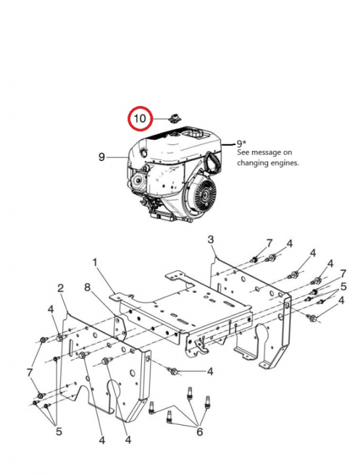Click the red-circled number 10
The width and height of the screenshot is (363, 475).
(139, 119)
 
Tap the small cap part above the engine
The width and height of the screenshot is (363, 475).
(175, 117)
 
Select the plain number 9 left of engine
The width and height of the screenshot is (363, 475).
(102, 157)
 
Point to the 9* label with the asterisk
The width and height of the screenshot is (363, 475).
(242, 142)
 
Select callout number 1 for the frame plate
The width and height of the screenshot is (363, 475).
(95, 262)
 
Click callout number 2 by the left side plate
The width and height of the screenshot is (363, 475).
(61, 288)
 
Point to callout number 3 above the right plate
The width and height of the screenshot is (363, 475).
(210, 238)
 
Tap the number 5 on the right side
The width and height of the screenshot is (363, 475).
(343, 286)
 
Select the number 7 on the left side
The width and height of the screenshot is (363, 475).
(29, 373)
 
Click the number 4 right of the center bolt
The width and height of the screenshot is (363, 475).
(210, 372)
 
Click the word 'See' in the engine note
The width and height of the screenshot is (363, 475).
(244, 152)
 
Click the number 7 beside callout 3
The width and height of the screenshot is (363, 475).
(269, 243)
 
